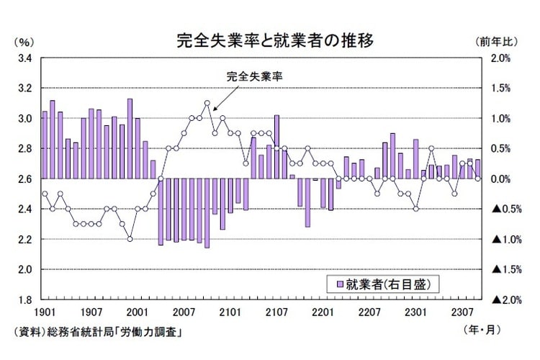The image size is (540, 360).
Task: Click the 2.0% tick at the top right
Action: point(503,58)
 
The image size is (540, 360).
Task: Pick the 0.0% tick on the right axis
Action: point(503,179)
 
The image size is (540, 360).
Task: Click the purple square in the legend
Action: point(340,284)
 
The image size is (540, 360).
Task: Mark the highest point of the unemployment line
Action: point(207,103)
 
